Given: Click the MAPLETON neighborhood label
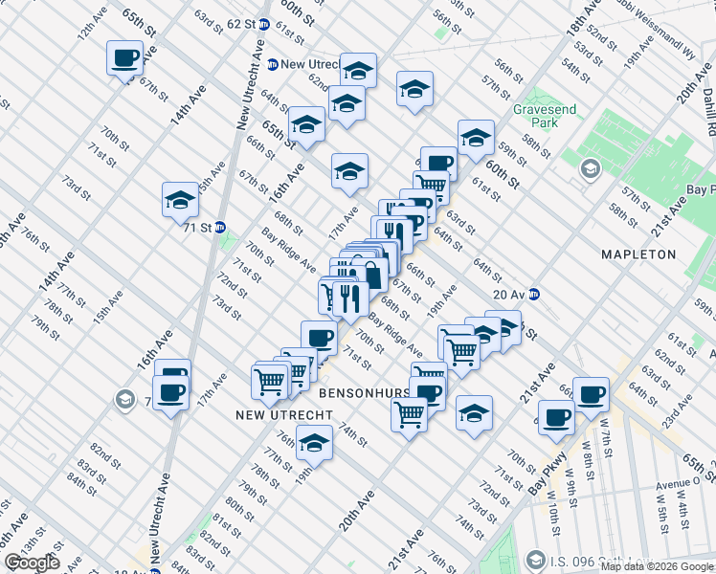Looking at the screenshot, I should point(638,254).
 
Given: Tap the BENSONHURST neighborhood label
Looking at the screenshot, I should point(364,393).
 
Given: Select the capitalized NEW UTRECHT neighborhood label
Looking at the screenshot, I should point(284,415).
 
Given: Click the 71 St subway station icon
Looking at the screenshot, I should point(220,228).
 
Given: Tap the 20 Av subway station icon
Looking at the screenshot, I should point(536,295).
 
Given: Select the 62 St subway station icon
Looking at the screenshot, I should point(263,24).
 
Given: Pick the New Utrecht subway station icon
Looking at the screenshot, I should point(273,64).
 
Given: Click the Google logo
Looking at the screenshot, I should point(32,563).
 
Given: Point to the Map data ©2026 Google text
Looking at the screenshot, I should point(657,566).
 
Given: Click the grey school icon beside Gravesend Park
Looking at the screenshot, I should point(590,169).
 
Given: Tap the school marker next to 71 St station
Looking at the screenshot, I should point(179,200).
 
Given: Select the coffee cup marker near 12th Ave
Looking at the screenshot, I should point(124,59).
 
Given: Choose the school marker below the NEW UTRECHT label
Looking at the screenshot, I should point(314,442).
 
